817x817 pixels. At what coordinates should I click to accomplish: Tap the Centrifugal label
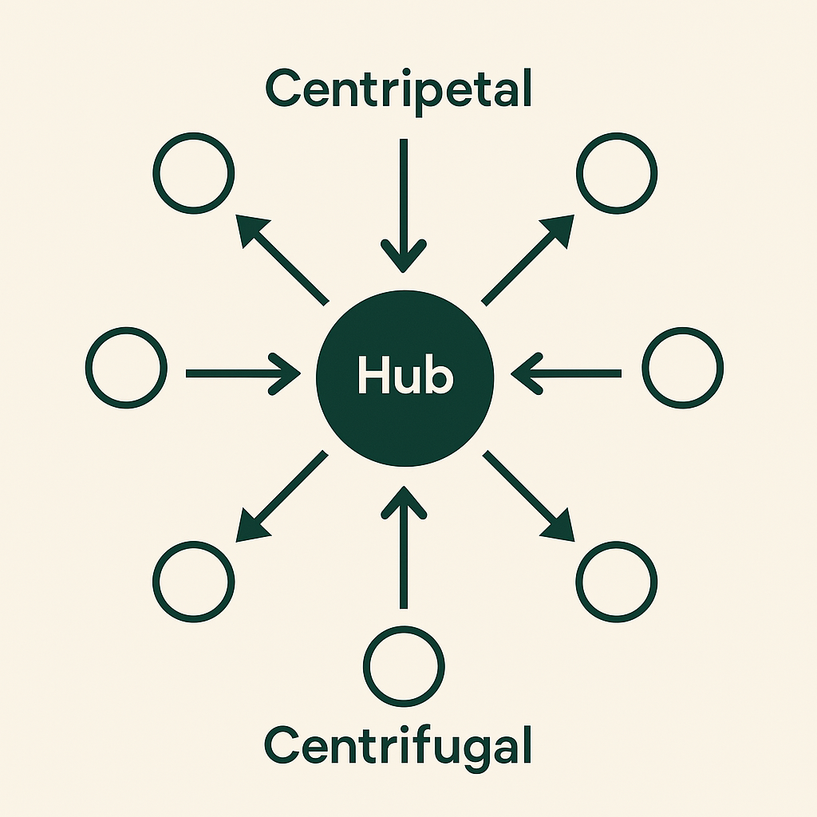pyautogui.click(x=398, y=745)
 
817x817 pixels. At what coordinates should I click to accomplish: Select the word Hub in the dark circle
pyautogui.click(x=405, y=375)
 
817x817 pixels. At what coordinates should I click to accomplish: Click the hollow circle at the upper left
pyautogui.click(x=194, y=173)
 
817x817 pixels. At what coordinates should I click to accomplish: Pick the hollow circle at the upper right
pyautogui.click(x=617, y=173)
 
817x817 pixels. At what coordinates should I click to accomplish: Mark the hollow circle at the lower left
pyautogui.click(x=194, y=581)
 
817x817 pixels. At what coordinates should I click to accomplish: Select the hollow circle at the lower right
pyautogui.click(x=617, y=581)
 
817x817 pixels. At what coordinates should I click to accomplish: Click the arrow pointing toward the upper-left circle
pyautogui.click(x=283, y=260)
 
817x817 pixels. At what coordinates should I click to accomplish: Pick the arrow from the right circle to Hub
pyautogui.click(x=566, y=373)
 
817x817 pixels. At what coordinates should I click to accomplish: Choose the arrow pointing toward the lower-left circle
pyautogui.click(x=282, y=495)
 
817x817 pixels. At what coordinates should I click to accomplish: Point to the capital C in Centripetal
pyautogui.click(x=284, y=89)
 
